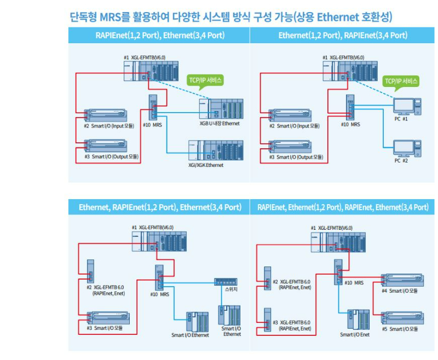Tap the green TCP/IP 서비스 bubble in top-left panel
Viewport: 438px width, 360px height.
click(205, 80)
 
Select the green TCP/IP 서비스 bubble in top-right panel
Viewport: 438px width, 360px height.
click(401, 82)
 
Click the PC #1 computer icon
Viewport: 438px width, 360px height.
click(406, 106)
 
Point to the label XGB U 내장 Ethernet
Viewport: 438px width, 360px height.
click(220, 124)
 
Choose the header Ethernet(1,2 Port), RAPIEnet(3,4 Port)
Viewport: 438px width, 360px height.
click(343, 36)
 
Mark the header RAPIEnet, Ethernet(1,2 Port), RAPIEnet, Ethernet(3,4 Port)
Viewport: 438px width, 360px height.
click(343, 207)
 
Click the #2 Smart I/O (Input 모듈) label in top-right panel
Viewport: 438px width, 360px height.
click(294, 126)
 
